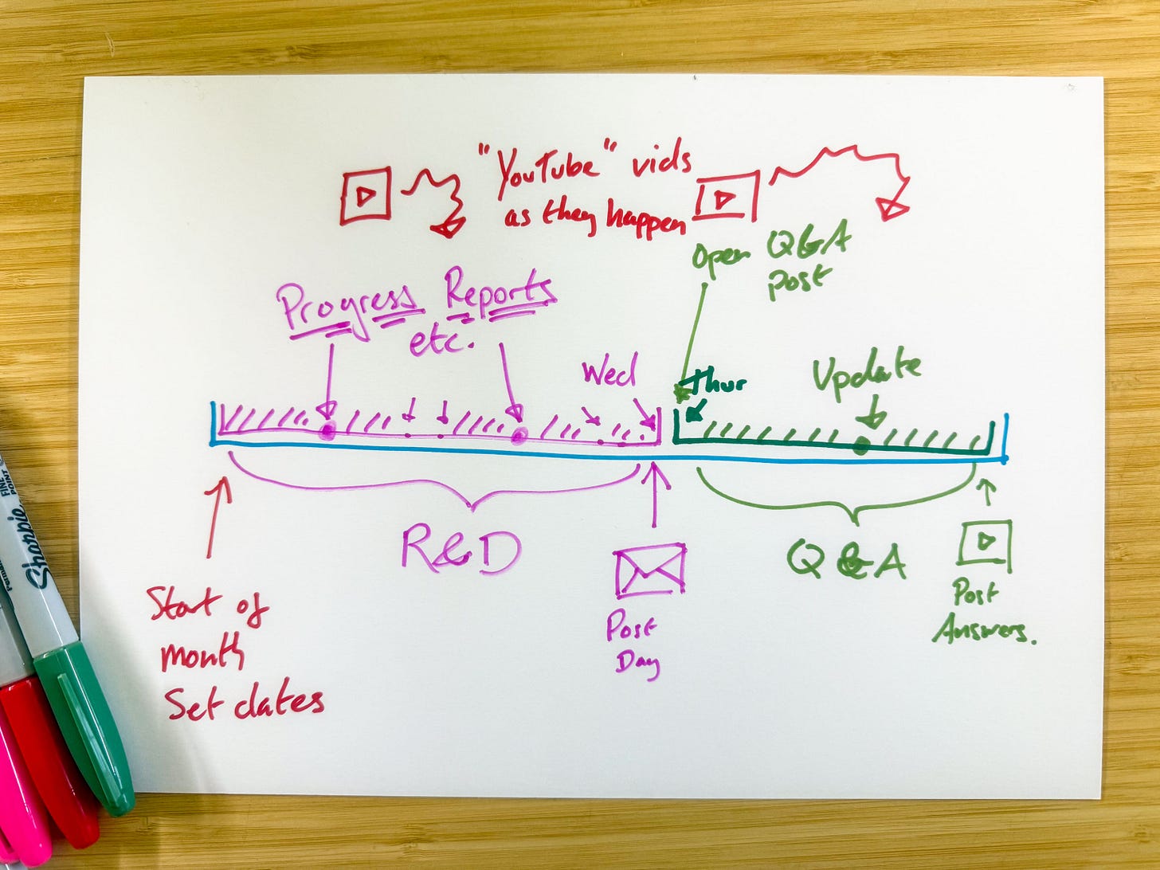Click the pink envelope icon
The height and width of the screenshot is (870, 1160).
click(649, 570)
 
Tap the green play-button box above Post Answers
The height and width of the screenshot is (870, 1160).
click(986, 543)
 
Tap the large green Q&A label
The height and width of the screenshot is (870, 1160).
click(846, 560)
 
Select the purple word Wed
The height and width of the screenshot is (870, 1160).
click(609, 373)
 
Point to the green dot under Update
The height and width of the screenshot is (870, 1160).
click(860, 446)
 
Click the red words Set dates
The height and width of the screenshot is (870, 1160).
click(244, 702)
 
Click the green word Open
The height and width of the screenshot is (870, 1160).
click(721, 259)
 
